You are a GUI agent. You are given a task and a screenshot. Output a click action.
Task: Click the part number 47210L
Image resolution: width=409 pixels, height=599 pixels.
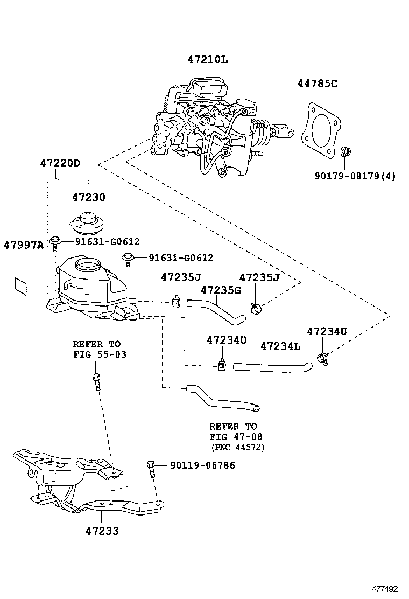pyautogui.click(x=207, y=60)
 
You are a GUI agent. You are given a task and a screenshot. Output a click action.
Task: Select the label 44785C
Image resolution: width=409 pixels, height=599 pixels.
pyautogui.click(x=318, y=83)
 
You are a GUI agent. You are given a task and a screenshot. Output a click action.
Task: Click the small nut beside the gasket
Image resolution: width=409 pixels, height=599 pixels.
pyautogui.click(x=345, y=151)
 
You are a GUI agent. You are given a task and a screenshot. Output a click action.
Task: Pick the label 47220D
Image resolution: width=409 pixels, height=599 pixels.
pyautogui.click(x=60, y=163)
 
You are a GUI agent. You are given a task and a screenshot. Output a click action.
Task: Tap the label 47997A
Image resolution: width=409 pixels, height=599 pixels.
pyautogui.click(x=23, y=245)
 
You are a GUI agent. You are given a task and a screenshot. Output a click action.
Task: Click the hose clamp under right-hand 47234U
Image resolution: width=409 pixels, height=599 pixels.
pyautogui.click(x=323, y=356)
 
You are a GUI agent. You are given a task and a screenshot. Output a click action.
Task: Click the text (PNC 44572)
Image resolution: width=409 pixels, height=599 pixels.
pyautogui.click(x=237, y=447)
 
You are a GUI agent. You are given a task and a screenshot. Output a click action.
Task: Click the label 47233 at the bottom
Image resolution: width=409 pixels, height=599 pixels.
pyautogui.click(x=102, y=531)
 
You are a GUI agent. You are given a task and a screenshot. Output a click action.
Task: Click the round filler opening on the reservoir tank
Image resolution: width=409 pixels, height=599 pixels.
pyautogui.click(x=88, y=265)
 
